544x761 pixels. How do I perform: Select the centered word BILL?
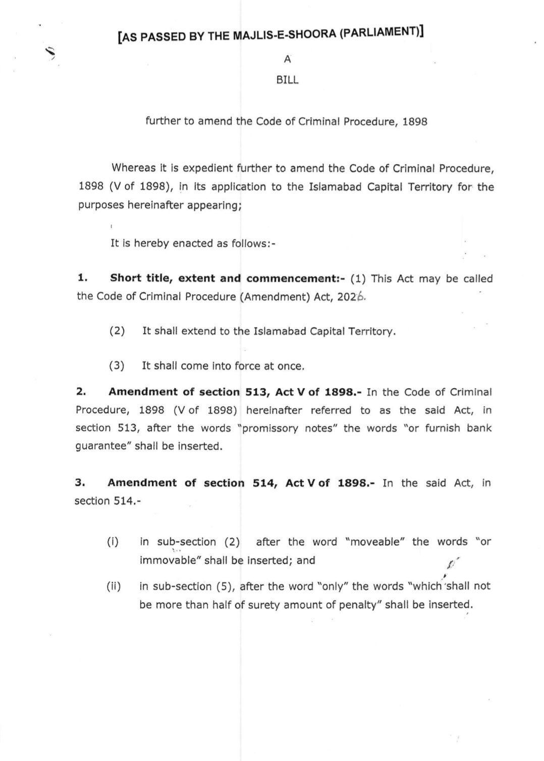[x=287, y=81]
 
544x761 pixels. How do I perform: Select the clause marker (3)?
[x=117, y=366]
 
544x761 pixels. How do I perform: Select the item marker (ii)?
[x=113, y=586]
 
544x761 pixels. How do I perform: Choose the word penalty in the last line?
[x=360, y=605]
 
